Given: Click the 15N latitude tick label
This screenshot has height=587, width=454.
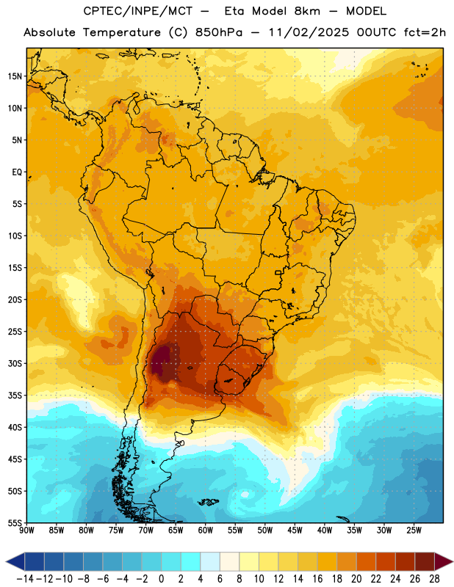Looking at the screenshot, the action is coord(15,76).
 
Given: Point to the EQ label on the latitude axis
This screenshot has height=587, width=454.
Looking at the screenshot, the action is coord(17,172).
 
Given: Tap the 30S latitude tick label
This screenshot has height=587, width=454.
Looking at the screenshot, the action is coord(15,363).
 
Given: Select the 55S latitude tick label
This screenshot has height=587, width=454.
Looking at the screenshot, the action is coord(15,522).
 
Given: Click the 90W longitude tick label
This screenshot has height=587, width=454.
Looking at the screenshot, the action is coord(26,531).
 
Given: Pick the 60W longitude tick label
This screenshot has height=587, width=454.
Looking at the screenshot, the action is coord(206,531).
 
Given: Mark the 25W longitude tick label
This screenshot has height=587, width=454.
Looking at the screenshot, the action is coord(414,531).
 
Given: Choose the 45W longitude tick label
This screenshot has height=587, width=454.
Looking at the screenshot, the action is coord(295,531).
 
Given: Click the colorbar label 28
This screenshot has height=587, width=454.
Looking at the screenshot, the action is coord(434,579).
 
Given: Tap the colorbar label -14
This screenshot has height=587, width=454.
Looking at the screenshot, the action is coord(25,579).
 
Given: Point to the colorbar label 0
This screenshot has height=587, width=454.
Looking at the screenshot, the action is coord(161,579).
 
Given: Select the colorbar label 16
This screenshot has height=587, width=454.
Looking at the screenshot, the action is coord(317,579).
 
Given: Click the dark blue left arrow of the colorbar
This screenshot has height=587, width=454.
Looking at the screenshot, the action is coord(15,561).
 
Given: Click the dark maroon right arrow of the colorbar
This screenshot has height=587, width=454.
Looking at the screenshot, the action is coord(444,561).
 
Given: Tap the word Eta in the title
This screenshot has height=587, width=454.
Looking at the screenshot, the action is coord(234,11).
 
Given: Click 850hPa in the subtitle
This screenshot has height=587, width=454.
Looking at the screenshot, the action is coord(219,32).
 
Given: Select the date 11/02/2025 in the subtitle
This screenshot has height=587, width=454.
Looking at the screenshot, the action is coord(309,32).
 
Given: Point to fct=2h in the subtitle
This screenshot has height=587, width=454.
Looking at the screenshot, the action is coord(425,32).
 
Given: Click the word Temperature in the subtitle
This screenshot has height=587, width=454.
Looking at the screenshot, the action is coord(122,33).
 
